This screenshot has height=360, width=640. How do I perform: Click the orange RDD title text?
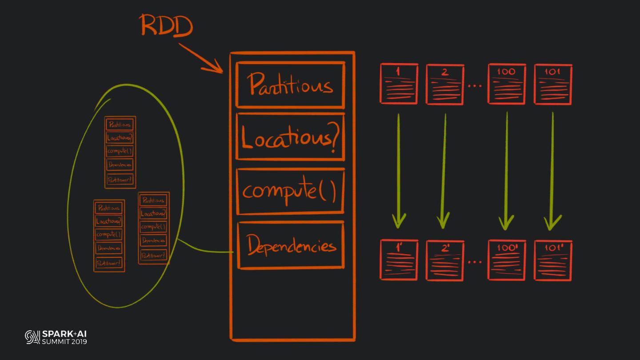(x=167, y=25)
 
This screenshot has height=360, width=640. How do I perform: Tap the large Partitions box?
(x=290, y=84)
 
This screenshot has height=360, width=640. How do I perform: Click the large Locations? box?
(x=290, y=136)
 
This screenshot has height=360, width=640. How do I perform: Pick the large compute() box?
(x=290, y=191)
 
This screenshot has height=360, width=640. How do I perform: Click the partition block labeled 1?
(x=399, y=84)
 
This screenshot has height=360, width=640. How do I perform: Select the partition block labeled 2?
(x=445, y=84)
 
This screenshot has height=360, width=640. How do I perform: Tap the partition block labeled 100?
(x=507, y=84)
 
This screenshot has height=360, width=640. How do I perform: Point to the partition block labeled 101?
(x=553, y=84)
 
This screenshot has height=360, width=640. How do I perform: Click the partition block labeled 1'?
(x=399, y=260)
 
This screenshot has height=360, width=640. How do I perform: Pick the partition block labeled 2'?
(x=445, y=260)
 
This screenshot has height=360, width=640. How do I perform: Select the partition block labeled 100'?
(x=507, y=260)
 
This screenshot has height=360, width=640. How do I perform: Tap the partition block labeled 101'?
(x=553, y=260)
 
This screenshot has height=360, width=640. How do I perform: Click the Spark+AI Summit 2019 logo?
(x=56, y=337)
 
